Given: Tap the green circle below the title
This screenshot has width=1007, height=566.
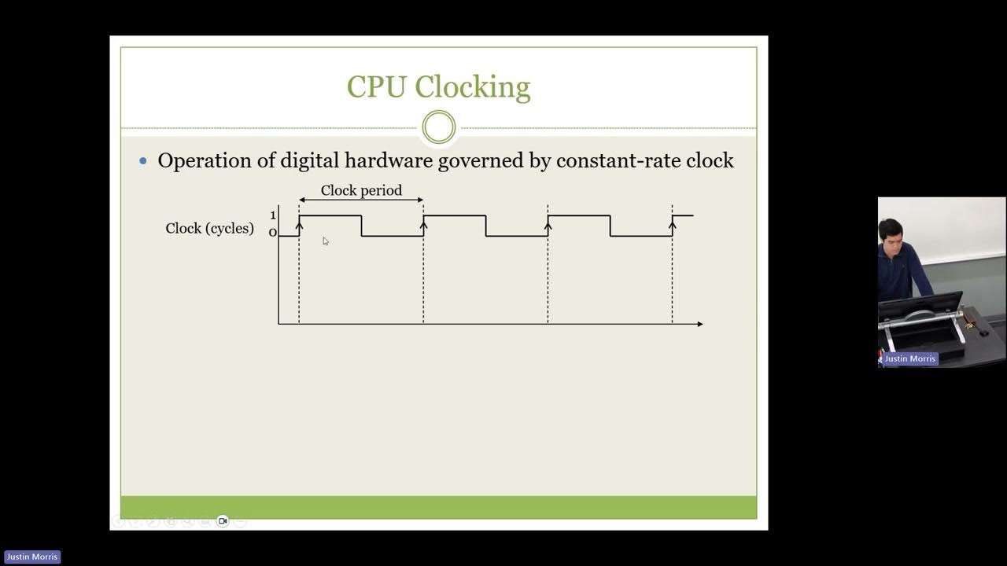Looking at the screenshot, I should coord(439,127).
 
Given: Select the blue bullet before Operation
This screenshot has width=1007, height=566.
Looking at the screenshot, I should coord(143,161).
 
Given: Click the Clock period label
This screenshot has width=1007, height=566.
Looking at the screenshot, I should coord(361,190).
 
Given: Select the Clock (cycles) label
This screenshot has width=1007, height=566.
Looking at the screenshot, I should coord(209,228).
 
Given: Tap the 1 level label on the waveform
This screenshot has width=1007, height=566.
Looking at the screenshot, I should coord(273,215).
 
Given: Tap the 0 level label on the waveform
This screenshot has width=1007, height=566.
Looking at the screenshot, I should coord(273,233).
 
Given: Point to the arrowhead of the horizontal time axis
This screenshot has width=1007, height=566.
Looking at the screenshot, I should coord(699,323).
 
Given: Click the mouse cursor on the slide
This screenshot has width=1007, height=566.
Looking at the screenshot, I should coord(325,241).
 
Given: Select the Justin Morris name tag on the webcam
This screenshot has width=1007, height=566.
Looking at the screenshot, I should coord(909,358).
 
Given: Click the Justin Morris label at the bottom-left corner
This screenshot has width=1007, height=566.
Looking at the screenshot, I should coord(32,557).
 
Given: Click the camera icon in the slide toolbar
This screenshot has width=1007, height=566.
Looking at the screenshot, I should coord(223,521).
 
